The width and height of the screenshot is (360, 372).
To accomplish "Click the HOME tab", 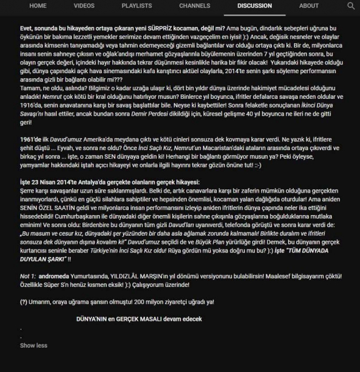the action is pyautogui.click(x=37, y=6).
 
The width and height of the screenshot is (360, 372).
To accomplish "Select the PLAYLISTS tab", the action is pyautogui.click(x=136, y=6).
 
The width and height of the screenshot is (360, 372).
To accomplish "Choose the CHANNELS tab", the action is pyautogui.click(x=194, y=6).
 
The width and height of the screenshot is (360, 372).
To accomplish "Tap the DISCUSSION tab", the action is pyautogui.click(x=254, y=6).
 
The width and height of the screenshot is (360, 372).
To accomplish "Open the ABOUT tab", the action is pyautogui.click(x=309, y=6).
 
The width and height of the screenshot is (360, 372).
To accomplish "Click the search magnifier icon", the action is pyautogui.click(x=351, y=6).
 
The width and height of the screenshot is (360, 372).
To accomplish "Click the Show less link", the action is pyautogui.click(x=33, y=345).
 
